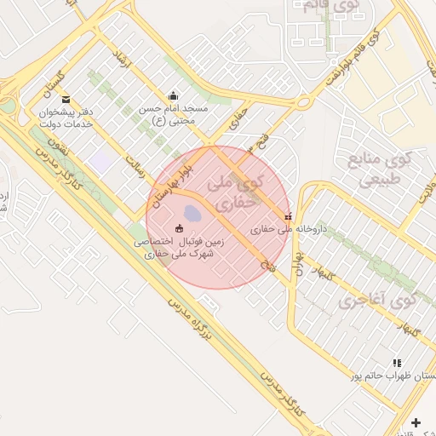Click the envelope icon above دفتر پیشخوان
(66, 99)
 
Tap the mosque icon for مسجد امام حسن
(174, 95)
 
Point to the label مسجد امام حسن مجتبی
(174, 115)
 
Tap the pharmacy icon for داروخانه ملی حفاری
(288, 216)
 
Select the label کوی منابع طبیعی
(381, 169)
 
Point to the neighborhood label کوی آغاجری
(376, 300)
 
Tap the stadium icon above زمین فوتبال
(179, 228)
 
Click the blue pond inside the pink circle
(194, 210)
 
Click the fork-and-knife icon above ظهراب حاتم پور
(398, 363)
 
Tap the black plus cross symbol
(416, 422)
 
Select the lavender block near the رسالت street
(101, 159)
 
